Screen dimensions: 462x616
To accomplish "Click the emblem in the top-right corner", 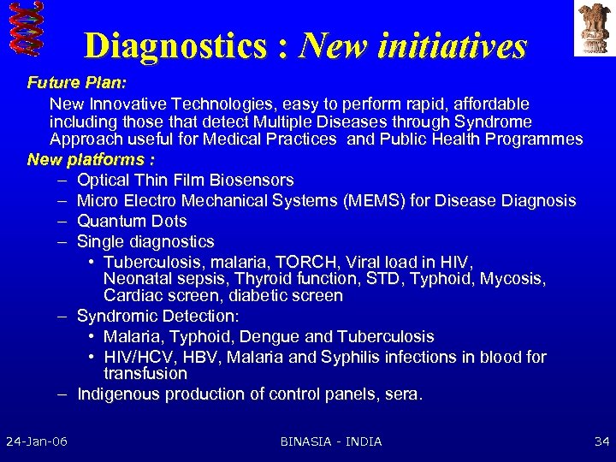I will click(591, 27).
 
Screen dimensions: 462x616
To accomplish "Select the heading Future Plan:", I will click(76, 84).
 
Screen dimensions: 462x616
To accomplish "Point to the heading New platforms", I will click(90, 160).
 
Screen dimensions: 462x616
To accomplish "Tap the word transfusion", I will click(145, 374).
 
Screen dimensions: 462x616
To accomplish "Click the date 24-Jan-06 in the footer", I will click(37, 441).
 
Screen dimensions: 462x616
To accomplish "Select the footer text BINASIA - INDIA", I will click(331, 441).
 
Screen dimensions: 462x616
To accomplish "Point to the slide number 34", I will click(601, 441).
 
